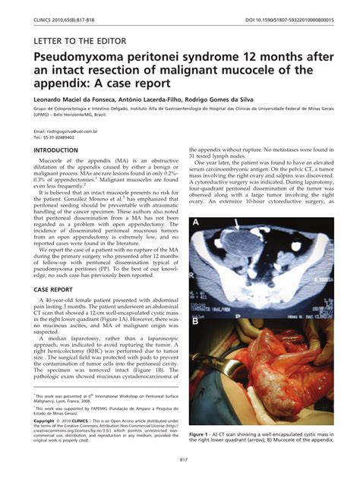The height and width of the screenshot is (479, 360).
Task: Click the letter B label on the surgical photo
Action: tap(196, 321)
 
